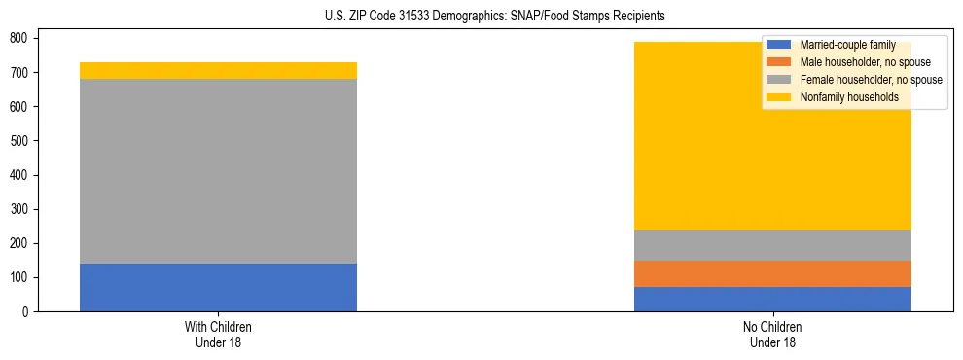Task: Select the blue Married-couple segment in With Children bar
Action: tap(218, 287)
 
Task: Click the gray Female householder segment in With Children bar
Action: tap(218, 171)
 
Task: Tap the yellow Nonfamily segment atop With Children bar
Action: tap(218, 70)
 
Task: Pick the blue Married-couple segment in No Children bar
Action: tap(772, 299)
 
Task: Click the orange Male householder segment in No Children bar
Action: tap(772, 273)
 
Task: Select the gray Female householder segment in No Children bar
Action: tap(772, 245)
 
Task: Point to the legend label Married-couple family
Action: tap(847, 45)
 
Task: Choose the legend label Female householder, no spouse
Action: tap(871, 80)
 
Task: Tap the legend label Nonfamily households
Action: tap(848, 97)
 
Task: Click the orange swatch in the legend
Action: tap(779, 62)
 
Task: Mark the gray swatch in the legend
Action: tap(779, 80)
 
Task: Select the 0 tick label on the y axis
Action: tap(29, 312)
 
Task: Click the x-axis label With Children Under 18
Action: tap(218, 335)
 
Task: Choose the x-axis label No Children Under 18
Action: tap(772, 335)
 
